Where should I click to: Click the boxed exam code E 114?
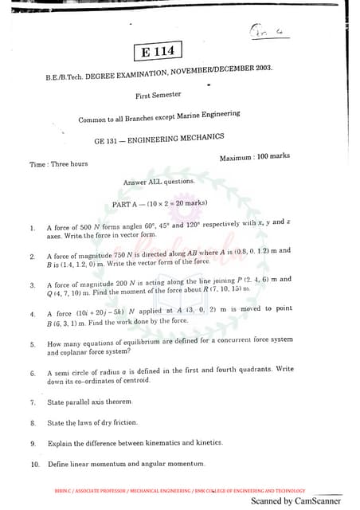click(x=158, y=52)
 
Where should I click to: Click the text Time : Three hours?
click(x=59, y=164)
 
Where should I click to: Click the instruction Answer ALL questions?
click(x=159, y=182)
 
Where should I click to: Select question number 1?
click(x=33, y=228)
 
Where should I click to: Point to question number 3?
click(x=33, y=284)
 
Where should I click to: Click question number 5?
click(x=33, y=344)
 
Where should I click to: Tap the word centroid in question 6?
click(x=177, y=380)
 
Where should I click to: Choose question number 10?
click(x=35, y=464)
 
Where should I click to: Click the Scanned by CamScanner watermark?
click(x=295, y=501)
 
